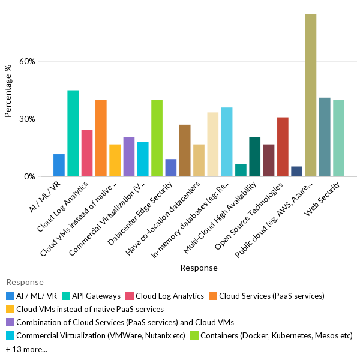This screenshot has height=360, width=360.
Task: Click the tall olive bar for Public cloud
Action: pyautogui.click(x=310, y=95)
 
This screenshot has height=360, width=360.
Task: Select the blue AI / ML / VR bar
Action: pyautogui.click(x=59, y=166)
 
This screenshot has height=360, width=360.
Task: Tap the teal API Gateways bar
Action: pyautogui.click(x=73, y=133)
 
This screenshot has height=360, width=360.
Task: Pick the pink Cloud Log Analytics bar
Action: pyautogui.click(x=87, y=153)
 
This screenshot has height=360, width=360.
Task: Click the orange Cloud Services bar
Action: pyautogui.click(x=101, y=139)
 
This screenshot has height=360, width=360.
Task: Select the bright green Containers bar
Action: pyautogui.click(x=157, y=139)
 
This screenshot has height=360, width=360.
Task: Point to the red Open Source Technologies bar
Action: pyautogui.click(x=283, y=147)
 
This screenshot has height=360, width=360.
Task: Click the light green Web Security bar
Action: pyautogui.click(x=338, y=139)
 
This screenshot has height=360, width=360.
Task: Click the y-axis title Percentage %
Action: pyautogui.click(x=8, y=91)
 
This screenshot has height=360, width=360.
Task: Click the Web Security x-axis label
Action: pyautogui.click(x=327, y=195)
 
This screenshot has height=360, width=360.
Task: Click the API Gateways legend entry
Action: pyautogui.click(x=95, y=296)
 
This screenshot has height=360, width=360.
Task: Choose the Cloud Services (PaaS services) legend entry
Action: pyautogui.click(x=271, y=296)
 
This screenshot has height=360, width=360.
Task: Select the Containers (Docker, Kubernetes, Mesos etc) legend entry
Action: pyautogui.click(x=277, y=336)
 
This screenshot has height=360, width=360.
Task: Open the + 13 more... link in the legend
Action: pyautogui.click(x=26, y=349)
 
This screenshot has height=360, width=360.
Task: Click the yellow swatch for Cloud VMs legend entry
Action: pyautogui.click(x=10, y=310)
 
